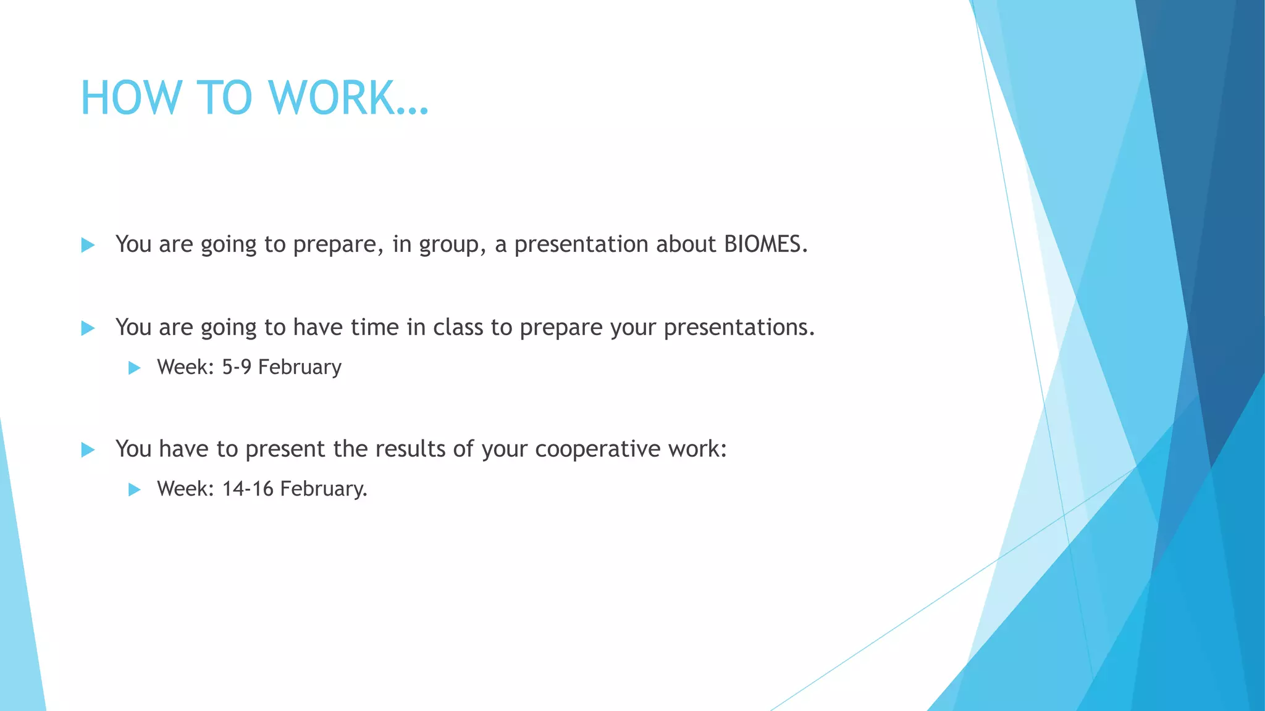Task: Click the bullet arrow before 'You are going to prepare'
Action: pyautogui.click(x=88, y=246)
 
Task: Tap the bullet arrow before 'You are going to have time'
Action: pyautogui.click(x=88, y=328)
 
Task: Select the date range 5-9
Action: pyautogui.click(x=237, y=367)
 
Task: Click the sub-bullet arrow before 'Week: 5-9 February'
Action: pyautogui.click(x=134, y=368)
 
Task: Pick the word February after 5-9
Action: pyautogui.click(x=300, y=367)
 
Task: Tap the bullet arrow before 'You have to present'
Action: pyautogui.click(x=88, y=450)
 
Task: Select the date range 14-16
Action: pyautogui.click(x=247, y=489)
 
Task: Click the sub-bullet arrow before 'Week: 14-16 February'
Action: pyautogui.click(x=134, y=490)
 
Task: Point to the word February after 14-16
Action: pyautogui.click(x=323, y=489)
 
